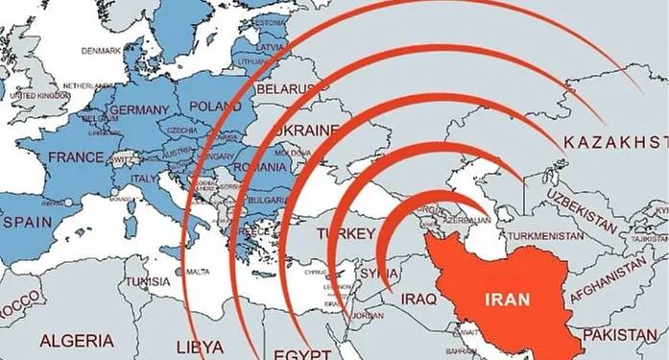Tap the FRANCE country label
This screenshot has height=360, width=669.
(x=76, y=156)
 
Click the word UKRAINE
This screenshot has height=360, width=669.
(x=306, y=131)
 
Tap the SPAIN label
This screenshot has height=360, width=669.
(x=27, y=221)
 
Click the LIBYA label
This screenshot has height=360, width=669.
(x=201, y=345)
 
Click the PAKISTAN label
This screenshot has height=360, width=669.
(x=624, y=334)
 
